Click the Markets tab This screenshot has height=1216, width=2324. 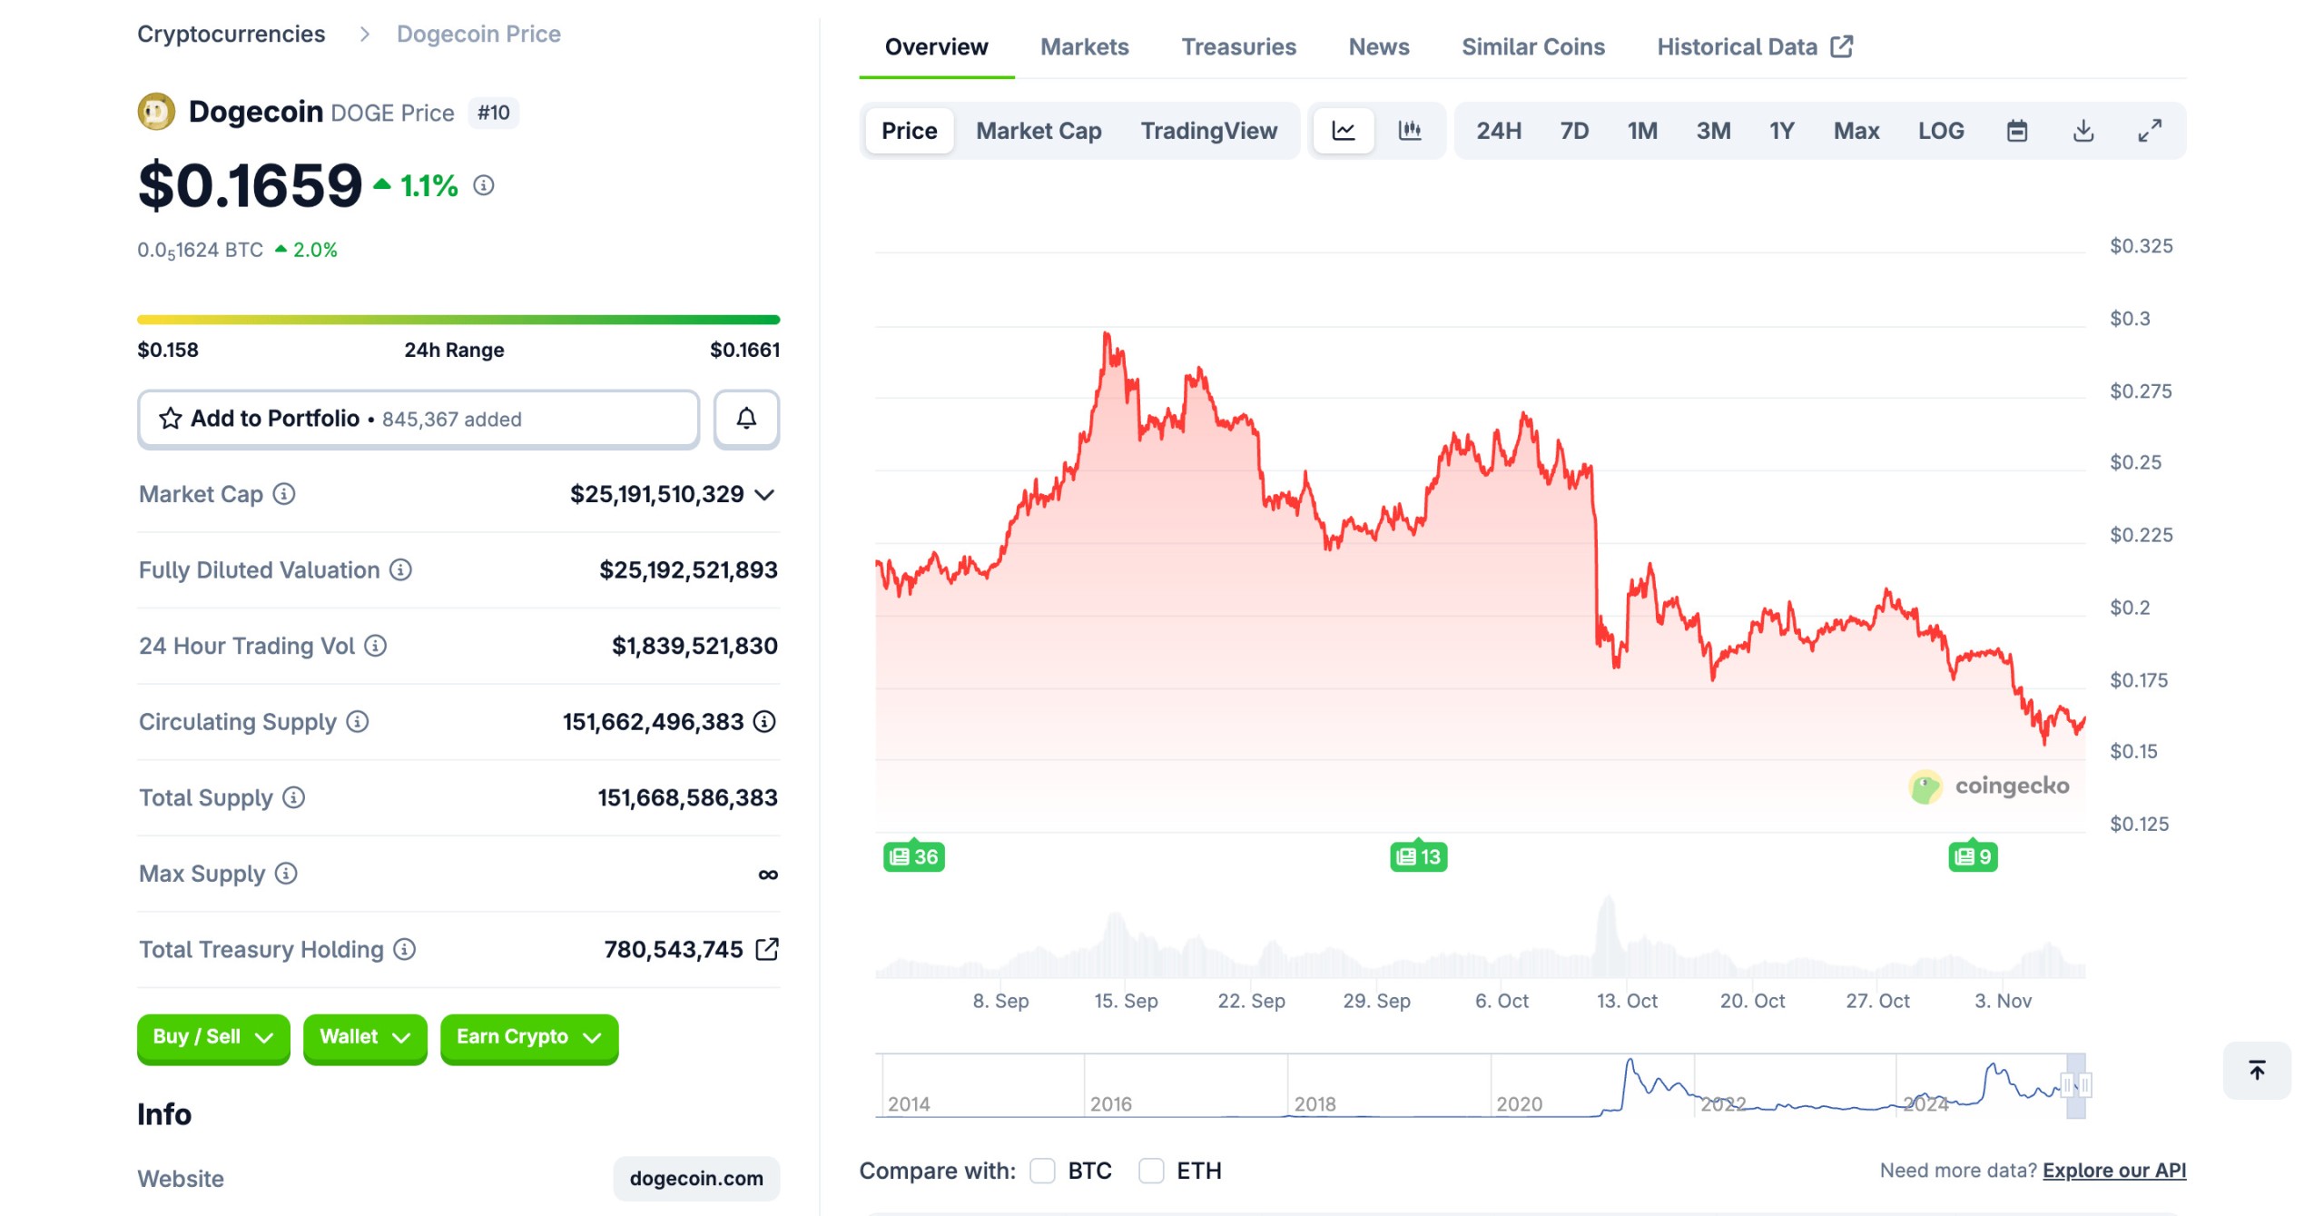click(x=1084, y=47)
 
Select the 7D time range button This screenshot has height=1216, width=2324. click(x=1574, y=131)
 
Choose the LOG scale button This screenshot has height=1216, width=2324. click(x=1940, y=131)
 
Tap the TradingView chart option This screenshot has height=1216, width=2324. click(x=1208, y=131)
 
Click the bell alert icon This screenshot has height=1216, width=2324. click(x=746, y=419)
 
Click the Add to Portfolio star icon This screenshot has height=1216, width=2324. click(x=171, y=419)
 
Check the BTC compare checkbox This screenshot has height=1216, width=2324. click(x=1042, y=1171)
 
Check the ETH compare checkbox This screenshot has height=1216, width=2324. click(x=1151, y=1171)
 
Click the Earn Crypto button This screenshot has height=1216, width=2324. click(x=528, y=1037)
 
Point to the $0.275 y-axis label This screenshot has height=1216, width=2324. click(x=2140, y=391)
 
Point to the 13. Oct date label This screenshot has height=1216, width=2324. click(x=1627, y=1001)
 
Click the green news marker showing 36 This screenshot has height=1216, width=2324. click(x=913, y=856)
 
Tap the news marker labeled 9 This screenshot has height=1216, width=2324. click(x=1972, y=856)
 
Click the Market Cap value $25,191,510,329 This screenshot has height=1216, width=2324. click(x=656, y=494)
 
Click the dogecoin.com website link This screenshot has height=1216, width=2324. click(x=696, y=1178)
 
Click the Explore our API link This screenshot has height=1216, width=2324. click(x=2113, y=1171)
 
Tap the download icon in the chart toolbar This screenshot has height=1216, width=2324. click(x=2083, y=131)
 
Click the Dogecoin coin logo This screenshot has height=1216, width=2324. click(x=156, y=112)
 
